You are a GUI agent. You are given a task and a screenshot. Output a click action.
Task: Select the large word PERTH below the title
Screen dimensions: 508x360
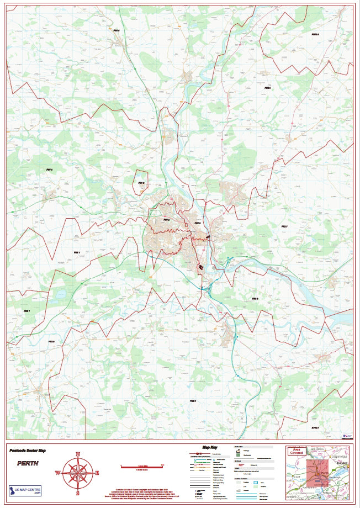[28, 463]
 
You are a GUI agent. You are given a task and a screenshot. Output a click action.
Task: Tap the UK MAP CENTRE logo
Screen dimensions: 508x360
[25, 490]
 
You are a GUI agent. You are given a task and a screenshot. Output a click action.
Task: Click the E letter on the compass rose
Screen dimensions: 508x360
[97, 473]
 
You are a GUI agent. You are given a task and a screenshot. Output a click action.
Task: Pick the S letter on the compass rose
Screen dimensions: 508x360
[78, 493]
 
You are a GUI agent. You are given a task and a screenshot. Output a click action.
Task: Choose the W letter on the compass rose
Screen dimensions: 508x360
[58, 473]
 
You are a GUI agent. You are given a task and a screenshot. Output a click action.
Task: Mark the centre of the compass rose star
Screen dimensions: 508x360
[78, 473]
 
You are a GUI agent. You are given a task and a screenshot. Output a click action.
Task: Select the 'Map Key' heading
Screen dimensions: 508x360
[211, 448]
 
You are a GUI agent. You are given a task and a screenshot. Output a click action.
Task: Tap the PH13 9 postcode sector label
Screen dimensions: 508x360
[315, 34]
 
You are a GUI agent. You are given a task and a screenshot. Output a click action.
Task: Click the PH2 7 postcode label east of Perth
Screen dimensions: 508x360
[284, 226]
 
